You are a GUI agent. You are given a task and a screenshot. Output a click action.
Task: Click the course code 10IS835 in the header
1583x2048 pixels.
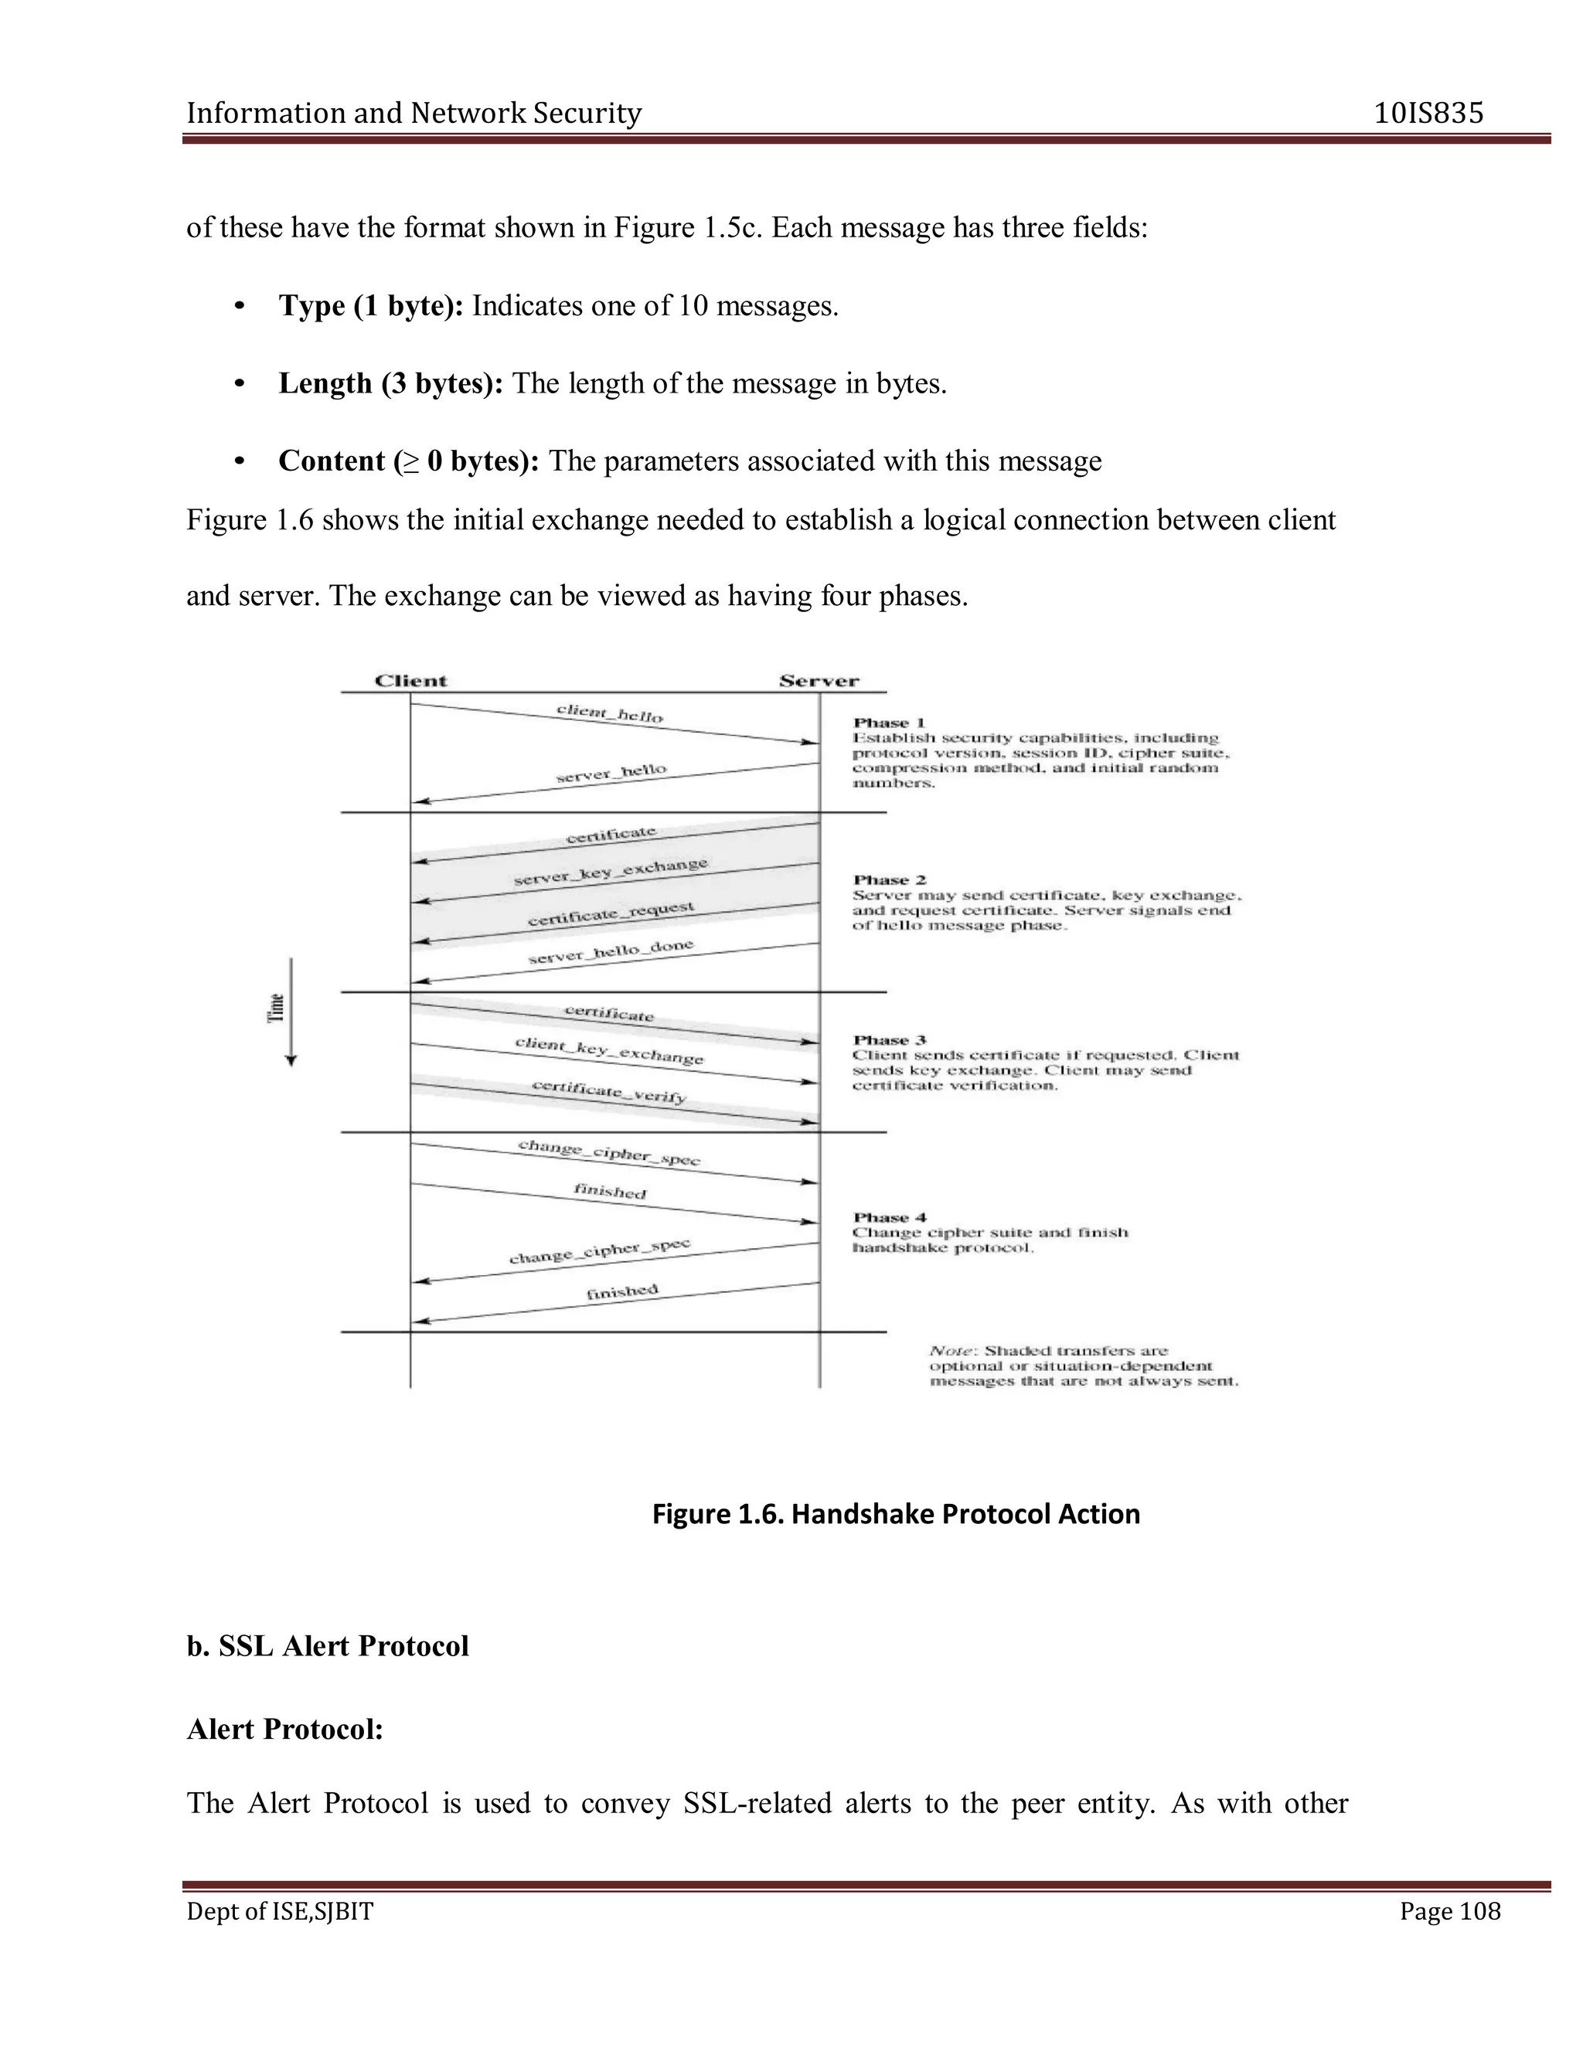coord(1428,114)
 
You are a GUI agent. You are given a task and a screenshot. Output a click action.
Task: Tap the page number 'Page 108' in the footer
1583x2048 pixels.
coord(1450,1911)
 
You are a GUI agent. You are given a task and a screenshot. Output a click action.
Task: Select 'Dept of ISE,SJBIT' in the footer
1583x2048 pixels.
coord(280,1911)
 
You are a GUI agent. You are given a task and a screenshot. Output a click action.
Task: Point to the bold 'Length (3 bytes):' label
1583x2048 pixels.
coord(390,383)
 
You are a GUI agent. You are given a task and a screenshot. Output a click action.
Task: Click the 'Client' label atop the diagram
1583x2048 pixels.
coord(410,681)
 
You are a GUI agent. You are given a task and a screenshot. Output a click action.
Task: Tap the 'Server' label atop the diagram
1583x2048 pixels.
coord(819,681)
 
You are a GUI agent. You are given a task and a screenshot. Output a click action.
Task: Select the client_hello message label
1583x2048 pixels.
coord(610,713)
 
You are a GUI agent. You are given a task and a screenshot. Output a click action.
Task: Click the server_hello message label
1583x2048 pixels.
coord(611,773)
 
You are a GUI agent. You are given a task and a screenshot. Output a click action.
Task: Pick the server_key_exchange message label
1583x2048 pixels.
coord(611,871)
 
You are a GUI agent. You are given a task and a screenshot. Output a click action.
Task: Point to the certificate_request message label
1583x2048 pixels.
coord(611,913)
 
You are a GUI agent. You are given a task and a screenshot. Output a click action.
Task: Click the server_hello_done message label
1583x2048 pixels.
coord(611,952)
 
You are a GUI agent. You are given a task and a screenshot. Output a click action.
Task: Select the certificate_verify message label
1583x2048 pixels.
coord(610,1090)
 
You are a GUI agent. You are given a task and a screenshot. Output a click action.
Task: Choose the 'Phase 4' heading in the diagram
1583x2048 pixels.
coord(889,1217)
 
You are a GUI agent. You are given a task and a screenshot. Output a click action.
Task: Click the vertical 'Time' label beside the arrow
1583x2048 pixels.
coord(277,1007)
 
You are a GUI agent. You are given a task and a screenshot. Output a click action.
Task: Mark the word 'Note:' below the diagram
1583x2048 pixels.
coord(953,1350)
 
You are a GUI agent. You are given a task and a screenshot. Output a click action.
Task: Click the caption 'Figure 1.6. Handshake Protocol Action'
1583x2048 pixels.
coord(896,1513)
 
